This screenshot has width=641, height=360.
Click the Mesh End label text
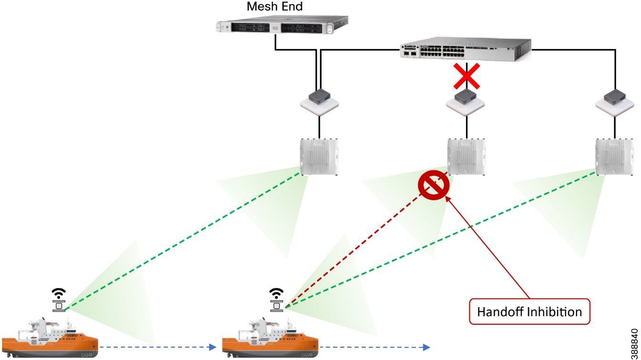pos(274,7)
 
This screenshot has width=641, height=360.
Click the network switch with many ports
pos(465,49)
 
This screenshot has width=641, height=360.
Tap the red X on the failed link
pos(466,76)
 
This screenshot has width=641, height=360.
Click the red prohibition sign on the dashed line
pos(433,187)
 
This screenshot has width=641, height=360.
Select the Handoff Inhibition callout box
pos(529,312)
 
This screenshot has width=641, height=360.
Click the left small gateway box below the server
pos(319,101)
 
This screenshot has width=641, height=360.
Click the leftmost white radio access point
pos(320,156)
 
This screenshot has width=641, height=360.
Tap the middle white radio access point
pos(466,156)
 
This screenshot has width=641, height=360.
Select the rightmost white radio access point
pos(614,156)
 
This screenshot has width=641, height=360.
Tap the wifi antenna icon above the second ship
pos(277,298)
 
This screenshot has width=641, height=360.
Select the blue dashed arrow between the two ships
pos(157,347)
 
